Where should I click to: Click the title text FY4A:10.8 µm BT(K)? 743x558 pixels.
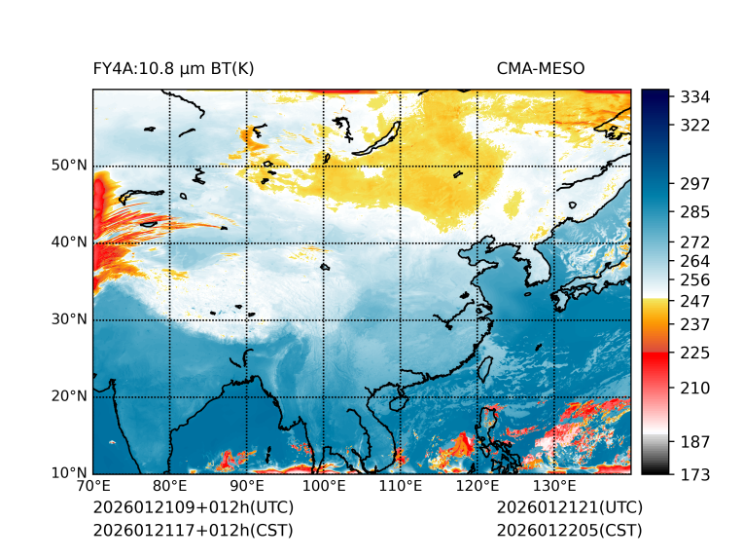173,68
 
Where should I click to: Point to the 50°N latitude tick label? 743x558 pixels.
69,166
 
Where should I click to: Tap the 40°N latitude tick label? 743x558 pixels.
69,242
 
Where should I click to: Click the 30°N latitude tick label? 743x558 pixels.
69,319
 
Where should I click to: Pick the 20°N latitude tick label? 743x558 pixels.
69,396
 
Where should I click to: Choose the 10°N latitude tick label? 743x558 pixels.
69,473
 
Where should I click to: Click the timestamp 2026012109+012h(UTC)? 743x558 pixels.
193,507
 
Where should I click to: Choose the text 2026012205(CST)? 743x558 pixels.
569,530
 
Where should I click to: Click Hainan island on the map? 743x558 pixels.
397,402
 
